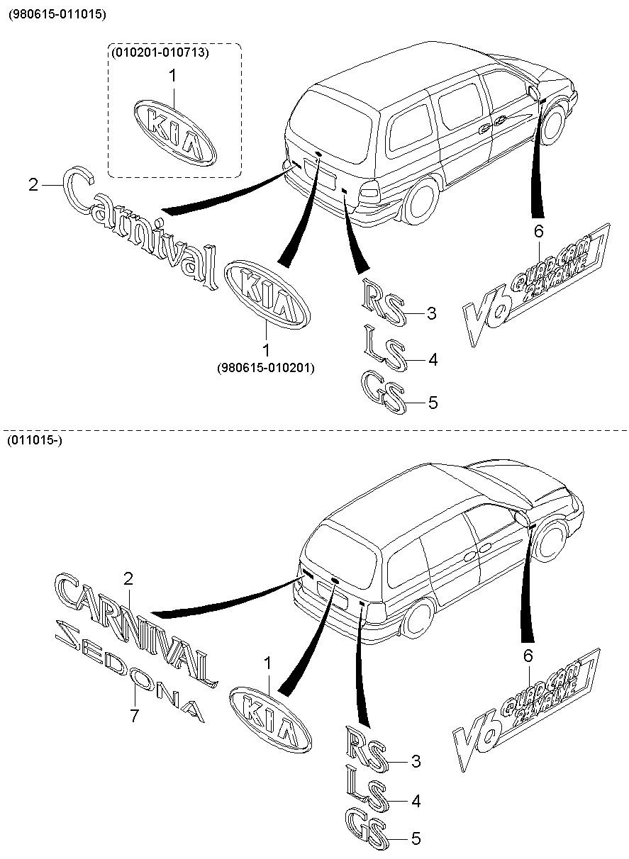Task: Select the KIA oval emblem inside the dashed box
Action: tap(174, 133)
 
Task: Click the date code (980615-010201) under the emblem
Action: tap(266, 368)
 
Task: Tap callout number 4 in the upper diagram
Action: tap(432, 359)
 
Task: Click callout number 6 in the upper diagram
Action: tap(538, 231)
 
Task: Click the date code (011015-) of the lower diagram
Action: tap(33, 441)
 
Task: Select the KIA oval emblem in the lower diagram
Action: tap(270, 719)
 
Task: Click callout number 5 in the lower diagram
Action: tap(416, 839)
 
